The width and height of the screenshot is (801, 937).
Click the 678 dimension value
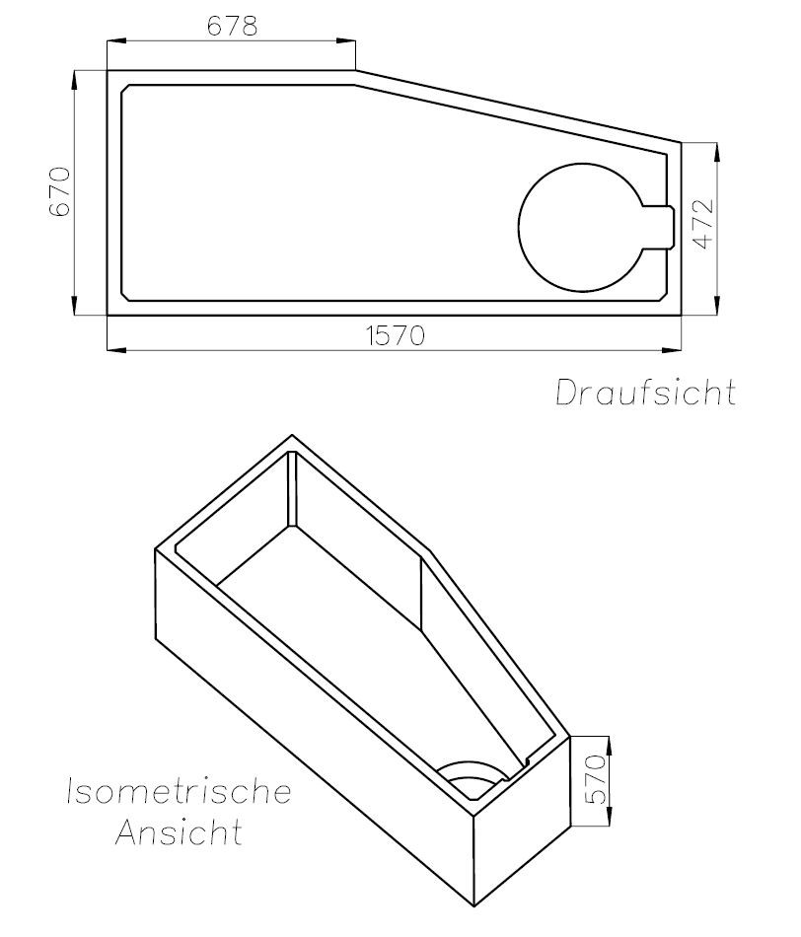(x=232, y=27)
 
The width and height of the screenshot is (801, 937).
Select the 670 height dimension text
(x=60, y=191)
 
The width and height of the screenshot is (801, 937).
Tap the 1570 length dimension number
(x=396, y=335)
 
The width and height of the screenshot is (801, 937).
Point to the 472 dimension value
(x=703, y=223)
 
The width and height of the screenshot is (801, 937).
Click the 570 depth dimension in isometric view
(x=596, y=779)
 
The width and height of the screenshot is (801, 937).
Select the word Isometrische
(x=179, y=791)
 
